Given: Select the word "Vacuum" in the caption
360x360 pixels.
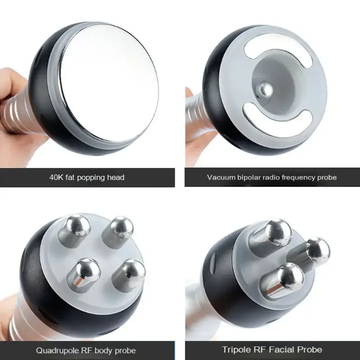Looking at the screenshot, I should click(219, 177).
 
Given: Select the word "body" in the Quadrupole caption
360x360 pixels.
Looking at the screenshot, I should click(104, 350).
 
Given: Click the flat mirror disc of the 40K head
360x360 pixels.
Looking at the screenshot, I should click(108, 72).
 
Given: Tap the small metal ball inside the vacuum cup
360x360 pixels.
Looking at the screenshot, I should click(264, 90).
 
